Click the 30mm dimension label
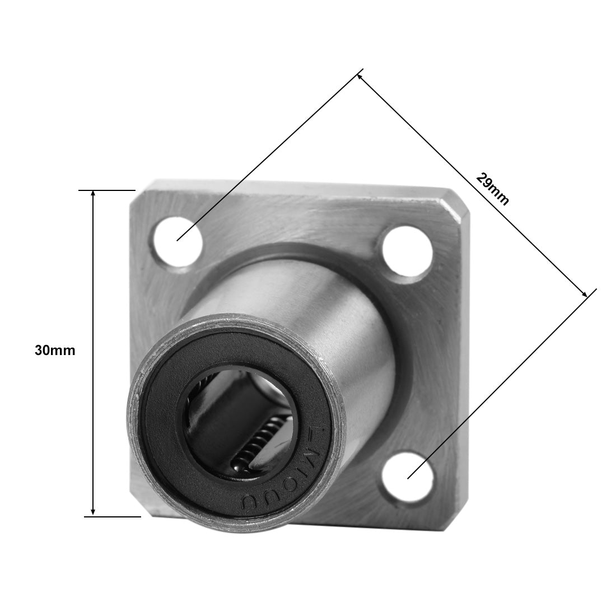tap(54, 351)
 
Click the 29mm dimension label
tap(492, 189)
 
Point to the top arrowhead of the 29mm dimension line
tap(360, 74)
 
